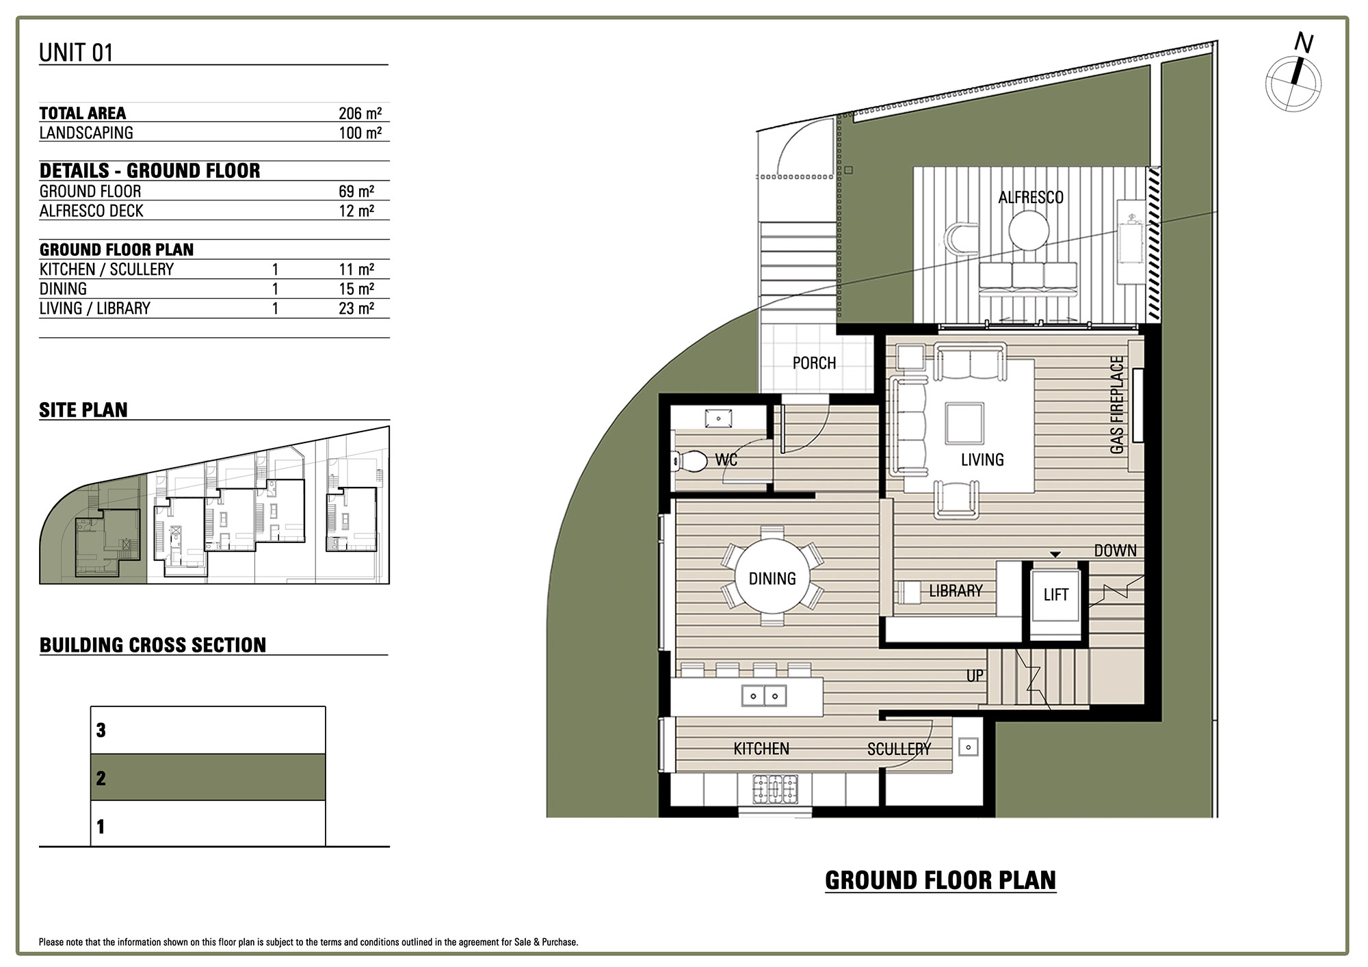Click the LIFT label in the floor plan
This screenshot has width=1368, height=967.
coord(1055,595)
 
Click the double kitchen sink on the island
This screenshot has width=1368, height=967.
coord(763,696)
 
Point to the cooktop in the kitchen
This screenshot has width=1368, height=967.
coord(775,789)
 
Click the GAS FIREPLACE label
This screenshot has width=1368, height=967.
coord(1117,405)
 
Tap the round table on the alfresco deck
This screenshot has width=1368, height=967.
coord(1029,231)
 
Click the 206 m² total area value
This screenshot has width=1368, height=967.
coord(360,114)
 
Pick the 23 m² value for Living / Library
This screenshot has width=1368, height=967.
coord(356,308)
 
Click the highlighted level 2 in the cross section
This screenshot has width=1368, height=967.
coord(208,778)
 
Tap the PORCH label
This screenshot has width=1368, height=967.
coord(814,363)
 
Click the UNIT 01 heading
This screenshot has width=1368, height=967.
coord(76,53)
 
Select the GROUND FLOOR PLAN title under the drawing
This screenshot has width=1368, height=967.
coord(941,880)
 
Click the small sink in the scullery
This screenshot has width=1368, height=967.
coord(968,747)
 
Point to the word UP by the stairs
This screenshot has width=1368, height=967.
coord(975,676)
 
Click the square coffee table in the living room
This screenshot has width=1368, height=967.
coord(964,423)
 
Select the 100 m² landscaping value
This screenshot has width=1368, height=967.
coord(360,133)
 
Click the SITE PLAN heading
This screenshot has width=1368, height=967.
coord(83,410)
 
